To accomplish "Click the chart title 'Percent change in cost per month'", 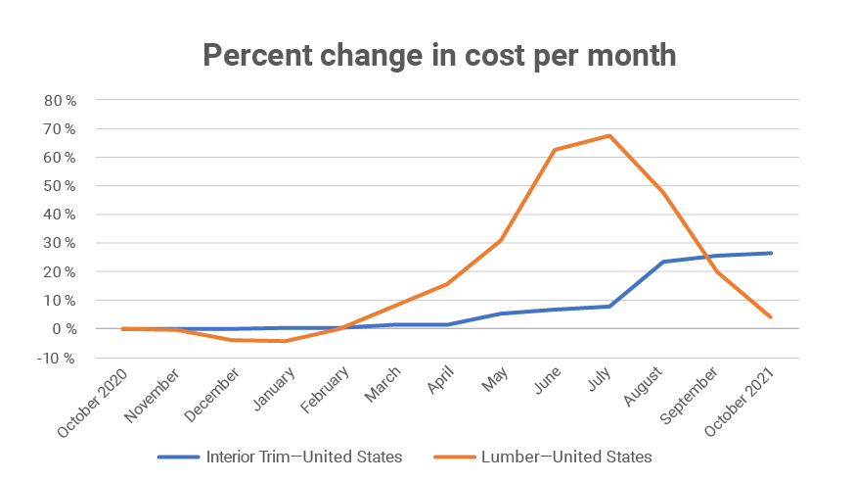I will (x=439, y=55).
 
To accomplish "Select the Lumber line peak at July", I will (x=609, y=135).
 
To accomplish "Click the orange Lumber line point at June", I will (x=555, y=150).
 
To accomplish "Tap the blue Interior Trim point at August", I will (x=663, y=262).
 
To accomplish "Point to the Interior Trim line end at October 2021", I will (x=771, y=253).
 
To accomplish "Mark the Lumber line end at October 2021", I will (x=771, y=316).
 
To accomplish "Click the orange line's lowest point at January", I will (x=285, y=341).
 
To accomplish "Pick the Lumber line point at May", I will (x=501, y=240).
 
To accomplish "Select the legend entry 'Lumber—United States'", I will (x=564, y=456).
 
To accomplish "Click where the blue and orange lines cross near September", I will (x=706, y=258).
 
